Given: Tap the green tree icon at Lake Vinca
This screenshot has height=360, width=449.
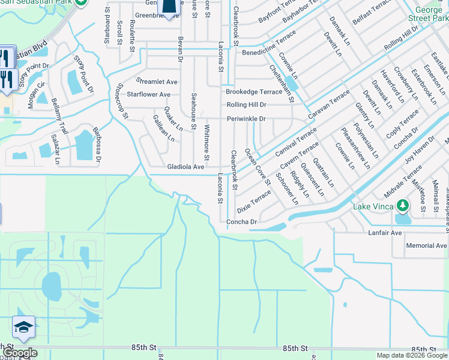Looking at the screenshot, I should pos(403,206).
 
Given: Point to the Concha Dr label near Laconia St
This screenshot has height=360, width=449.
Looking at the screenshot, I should pos(241,222).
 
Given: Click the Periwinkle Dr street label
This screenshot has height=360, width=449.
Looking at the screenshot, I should pos(246,119).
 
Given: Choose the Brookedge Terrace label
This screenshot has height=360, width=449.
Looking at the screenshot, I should pos(253,92).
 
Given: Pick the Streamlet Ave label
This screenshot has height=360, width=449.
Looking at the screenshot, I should pos(157,82).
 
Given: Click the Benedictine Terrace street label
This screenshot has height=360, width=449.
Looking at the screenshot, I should pos(268,52).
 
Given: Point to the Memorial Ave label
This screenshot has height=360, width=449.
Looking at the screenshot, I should pos(426,245).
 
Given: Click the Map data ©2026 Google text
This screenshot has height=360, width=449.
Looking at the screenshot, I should pos(412,355).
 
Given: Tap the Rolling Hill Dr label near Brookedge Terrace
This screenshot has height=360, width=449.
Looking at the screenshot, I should pos(246,105).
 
